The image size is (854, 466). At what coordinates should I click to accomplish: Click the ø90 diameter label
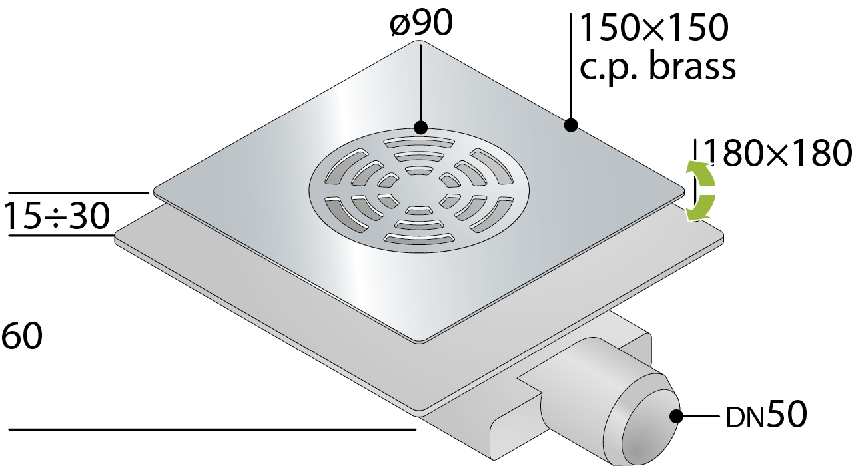point(421,23)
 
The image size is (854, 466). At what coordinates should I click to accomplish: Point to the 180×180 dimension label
point(777,154)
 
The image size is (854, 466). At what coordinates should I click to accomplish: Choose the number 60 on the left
point(21,336)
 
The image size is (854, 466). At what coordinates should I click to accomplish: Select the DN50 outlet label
point(766,417)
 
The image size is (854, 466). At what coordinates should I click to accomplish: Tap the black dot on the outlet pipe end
point(677,417)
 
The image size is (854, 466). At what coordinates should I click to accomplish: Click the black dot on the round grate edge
point(420,127)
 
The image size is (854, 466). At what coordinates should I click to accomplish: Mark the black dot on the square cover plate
point(570,124)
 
